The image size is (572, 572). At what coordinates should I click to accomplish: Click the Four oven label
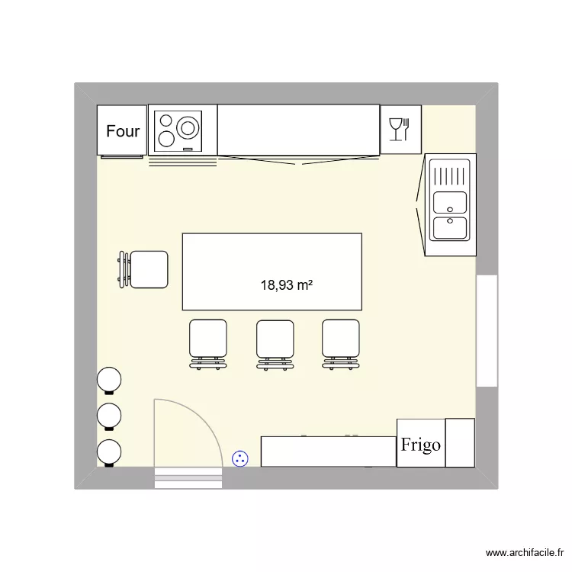coord(123,131)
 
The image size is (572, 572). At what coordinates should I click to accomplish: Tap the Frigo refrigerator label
coord(421,444)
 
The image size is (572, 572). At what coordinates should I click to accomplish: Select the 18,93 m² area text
coord(288,285)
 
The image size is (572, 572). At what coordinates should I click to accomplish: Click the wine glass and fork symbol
coord(400,130)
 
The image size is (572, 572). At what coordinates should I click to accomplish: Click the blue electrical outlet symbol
coord(240,458)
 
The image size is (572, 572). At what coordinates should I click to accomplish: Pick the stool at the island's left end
coord(148,269)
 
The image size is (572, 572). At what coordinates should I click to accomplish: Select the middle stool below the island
coord(275,339)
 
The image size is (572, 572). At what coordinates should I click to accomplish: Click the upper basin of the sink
coord(450,202)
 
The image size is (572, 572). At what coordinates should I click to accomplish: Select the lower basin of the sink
coord(450,228)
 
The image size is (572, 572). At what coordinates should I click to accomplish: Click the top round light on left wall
coord(109,379)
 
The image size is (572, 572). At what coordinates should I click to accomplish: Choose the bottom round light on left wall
coord(109,451)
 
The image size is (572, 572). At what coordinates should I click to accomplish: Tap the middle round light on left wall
coord(109,416)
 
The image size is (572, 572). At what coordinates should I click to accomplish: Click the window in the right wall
coord(487,330)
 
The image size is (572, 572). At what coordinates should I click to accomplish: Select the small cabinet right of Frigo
coord(460,442)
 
